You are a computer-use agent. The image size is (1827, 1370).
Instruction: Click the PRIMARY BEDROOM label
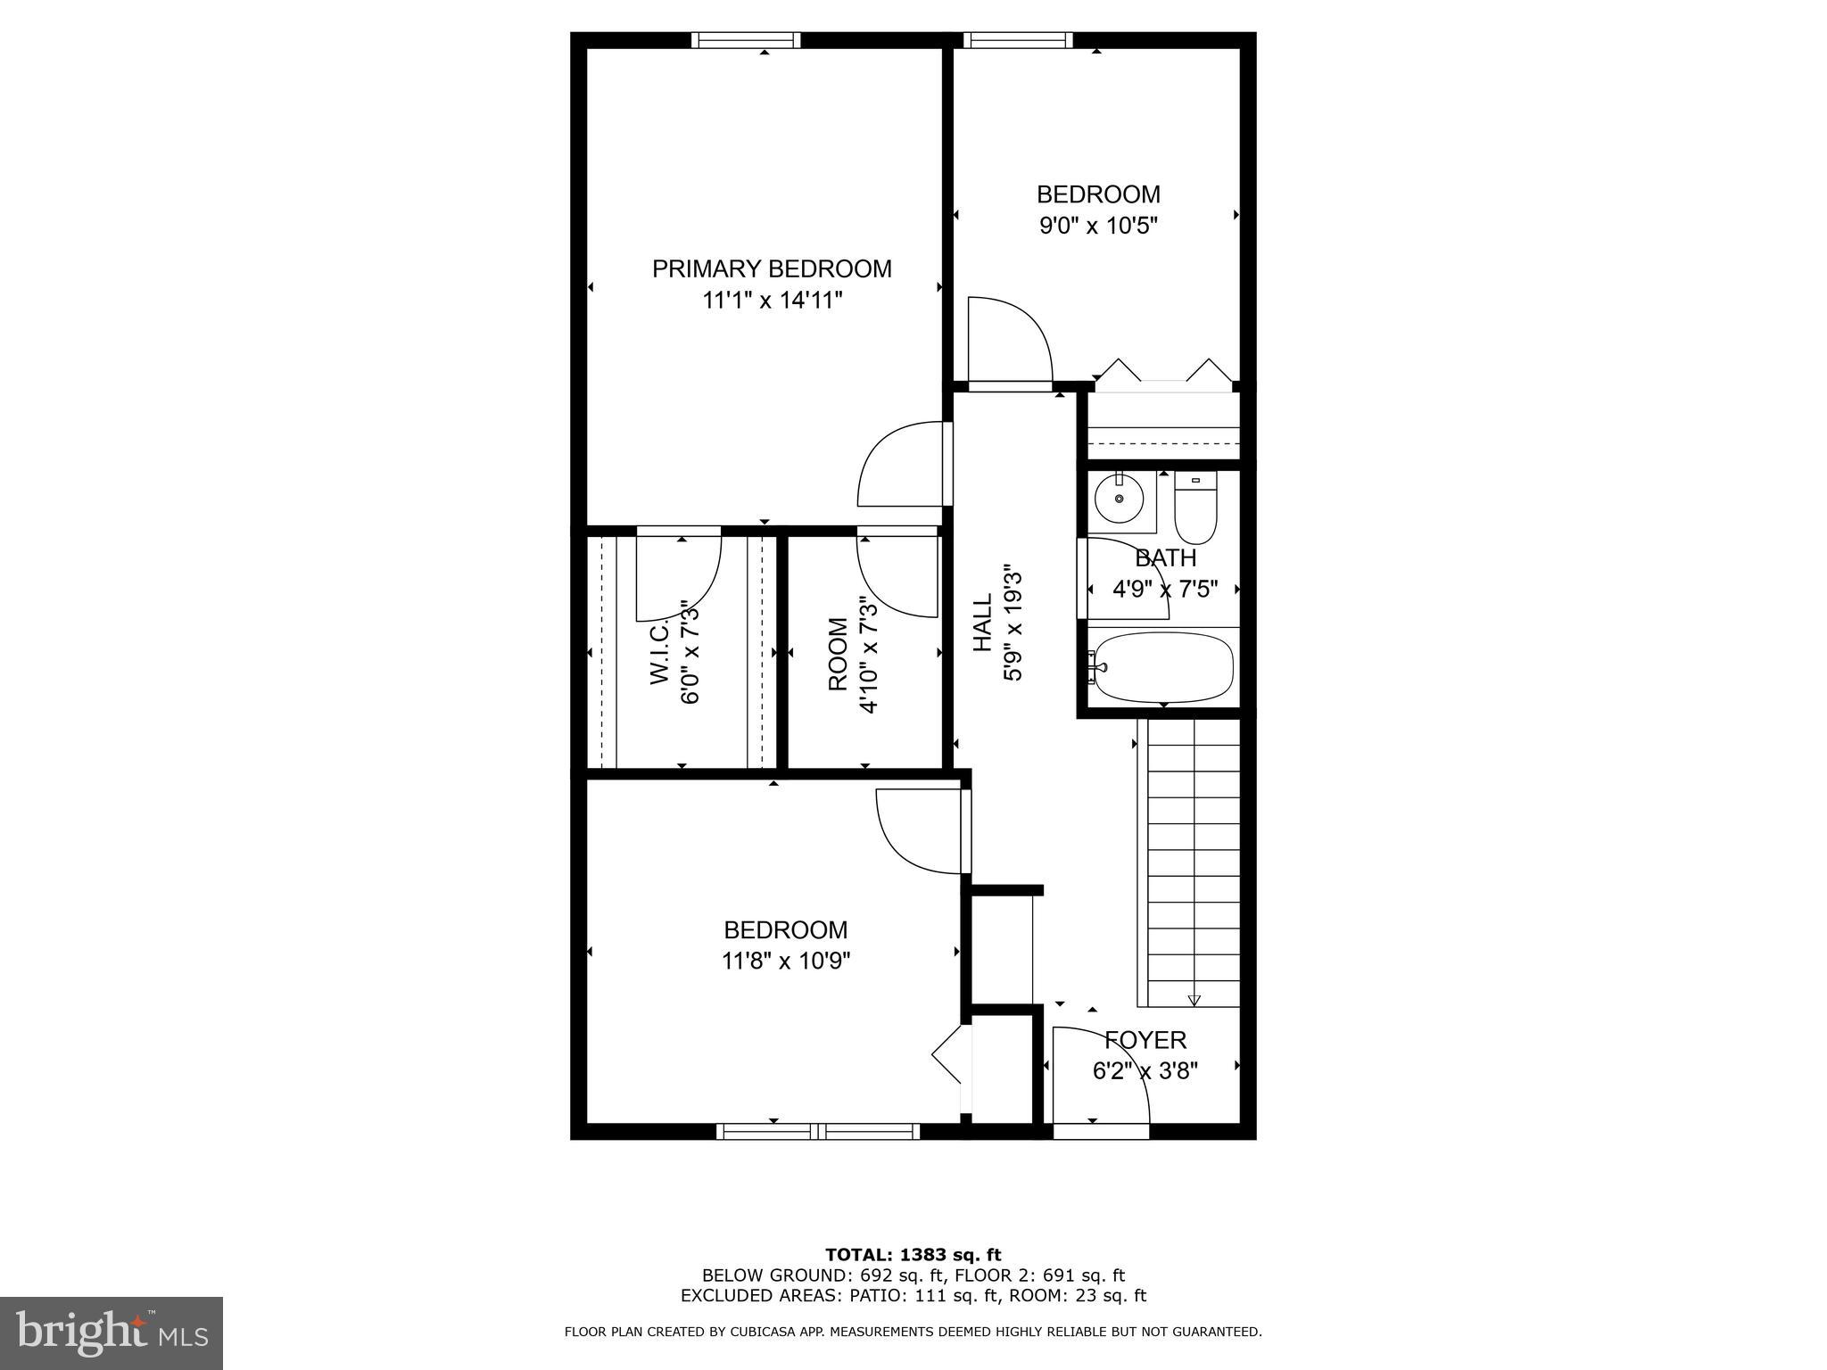(x=772, y=268)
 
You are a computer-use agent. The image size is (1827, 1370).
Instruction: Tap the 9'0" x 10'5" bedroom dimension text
(x=1098, y=226)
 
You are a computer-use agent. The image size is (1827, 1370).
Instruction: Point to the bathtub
(x=1163, y=667)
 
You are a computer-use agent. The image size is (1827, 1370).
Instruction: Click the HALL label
(x=982, y=623)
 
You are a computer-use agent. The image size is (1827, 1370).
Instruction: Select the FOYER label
(x=1145, y=1040)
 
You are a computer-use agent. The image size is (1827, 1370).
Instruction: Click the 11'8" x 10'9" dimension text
(x=786, y=961)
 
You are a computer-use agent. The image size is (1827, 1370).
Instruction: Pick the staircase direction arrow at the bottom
(x=1195, y=1000)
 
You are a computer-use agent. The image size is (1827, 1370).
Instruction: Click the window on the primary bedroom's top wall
(x=746, y=40)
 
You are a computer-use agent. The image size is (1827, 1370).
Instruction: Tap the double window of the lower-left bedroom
(x=818, y=1131)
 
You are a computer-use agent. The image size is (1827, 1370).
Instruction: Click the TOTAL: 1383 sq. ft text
(x=913, y=1255)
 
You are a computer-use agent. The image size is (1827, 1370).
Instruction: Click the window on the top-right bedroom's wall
(x=1018, y=40)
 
